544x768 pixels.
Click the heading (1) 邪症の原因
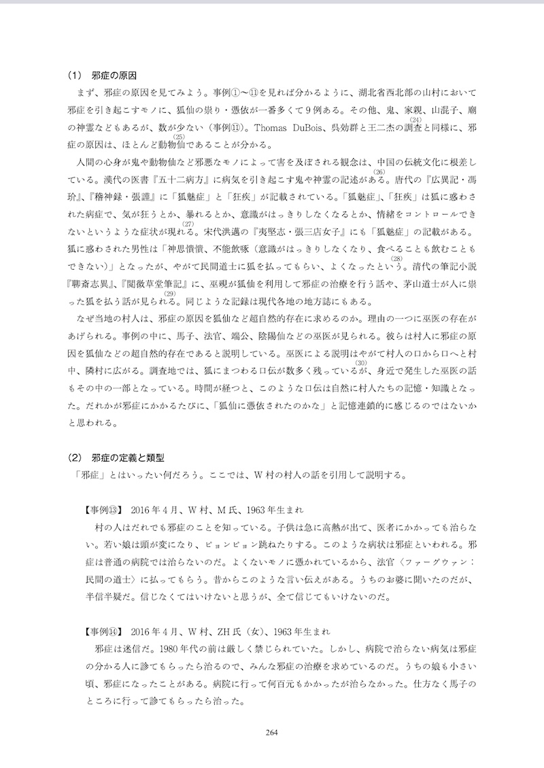[x=106, y=75]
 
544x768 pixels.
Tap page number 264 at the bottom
[x=272, y=731]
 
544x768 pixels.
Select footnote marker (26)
[x=379, y=172]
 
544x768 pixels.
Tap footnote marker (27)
[x=188, y=224]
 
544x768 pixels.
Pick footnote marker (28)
[x=397, y=259]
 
